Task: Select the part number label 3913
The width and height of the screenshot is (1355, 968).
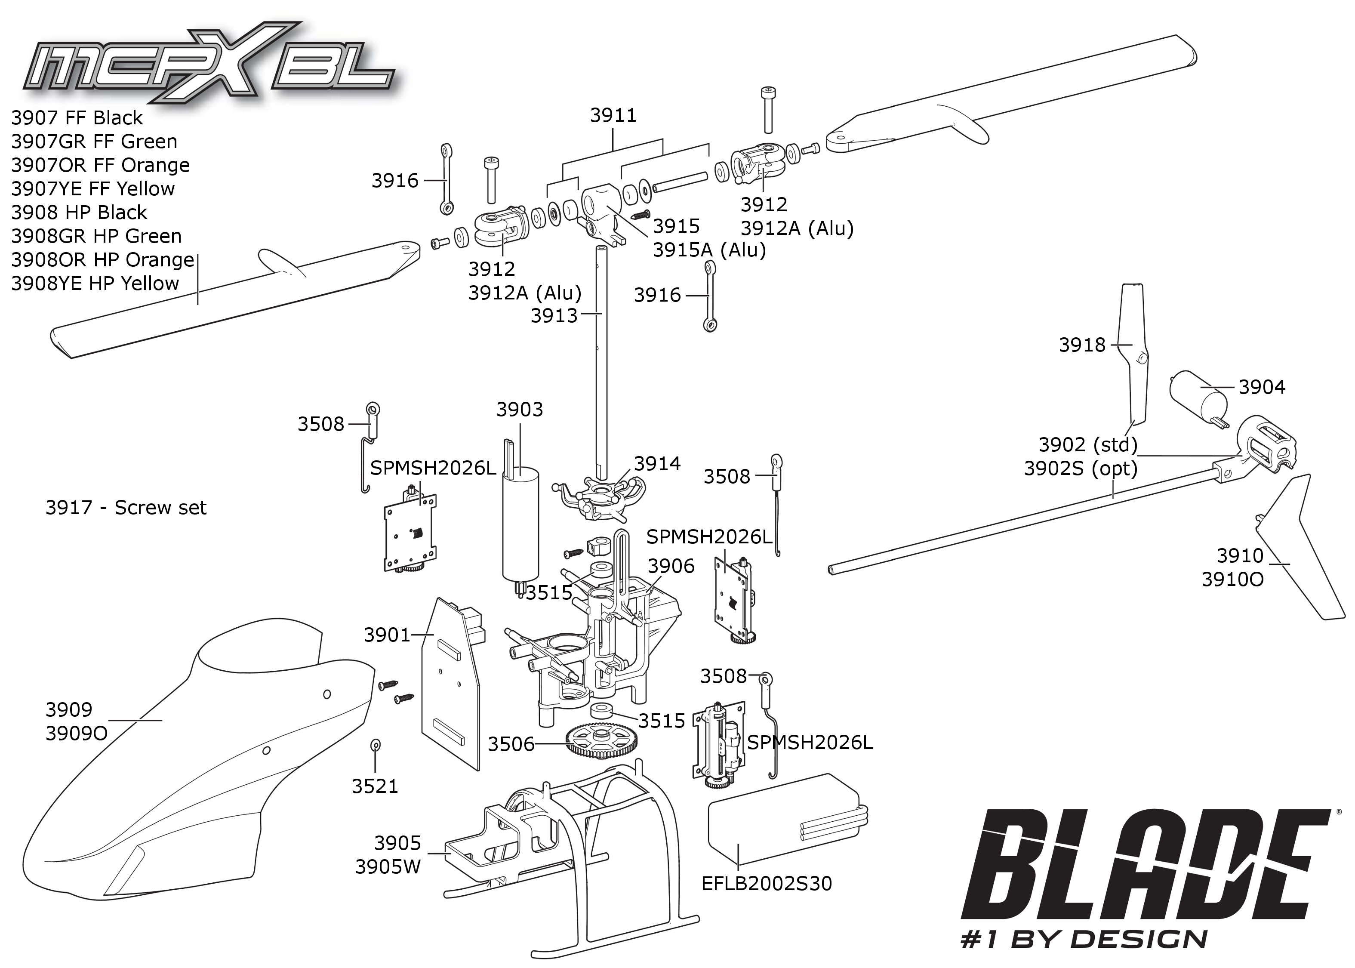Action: click(x=554, y=316)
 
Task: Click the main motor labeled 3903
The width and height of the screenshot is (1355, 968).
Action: click(x=520, y=524)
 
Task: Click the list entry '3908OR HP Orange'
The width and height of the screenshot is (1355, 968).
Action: click(x=102, y=260)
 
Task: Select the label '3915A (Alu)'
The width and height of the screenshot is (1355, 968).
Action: click(x=708, y=250)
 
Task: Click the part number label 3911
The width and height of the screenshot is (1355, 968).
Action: click(x=613, y=115)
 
